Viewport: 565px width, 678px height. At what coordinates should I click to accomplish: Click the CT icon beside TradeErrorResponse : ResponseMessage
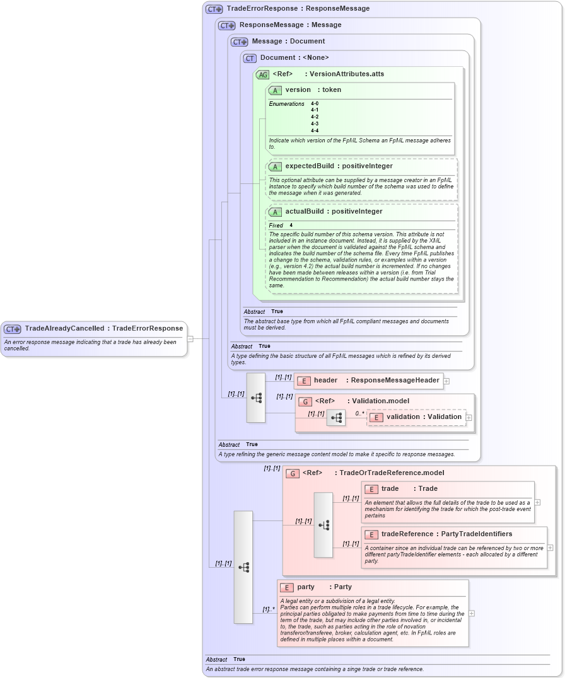pos(214,9)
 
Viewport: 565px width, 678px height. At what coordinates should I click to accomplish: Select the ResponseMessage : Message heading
pos(281,25)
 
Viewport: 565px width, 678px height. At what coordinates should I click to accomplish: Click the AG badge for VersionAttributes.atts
pos(262,74)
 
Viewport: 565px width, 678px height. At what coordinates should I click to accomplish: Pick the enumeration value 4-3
pos(315,124)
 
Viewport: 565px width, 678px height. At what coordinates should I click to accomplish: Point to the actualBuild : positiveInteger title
pos(334,211)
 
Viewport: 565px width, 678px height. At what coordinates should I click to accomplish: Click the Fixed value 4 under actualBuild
pos(291,225)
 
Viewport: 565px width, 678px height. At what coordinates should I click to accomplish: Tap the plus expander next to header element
pos(446,381)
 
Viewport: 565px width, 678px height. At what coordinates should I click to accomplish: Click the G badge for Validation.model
pos(305,401)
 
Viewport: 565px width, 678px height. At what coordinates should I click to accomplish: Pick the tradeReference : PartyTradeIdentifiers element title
pos(446,534)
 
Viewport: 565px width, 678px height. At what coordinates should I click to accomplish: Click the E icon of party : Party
pos(287,587)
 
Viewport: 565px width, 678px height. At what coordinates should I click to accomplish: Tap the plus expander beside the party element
pos(472,613)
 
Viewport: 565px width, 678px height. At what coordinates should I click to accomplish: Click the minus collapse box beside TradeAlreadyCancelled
pos(190,338)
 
